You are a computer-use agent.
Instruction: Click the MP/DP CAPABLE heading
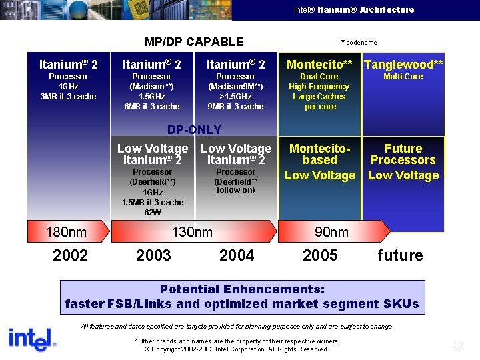(x=194, y=42)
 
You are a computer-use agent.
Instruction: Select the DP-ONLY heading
(x=194, y=129)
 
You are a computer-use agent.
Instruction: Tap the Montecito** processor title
(x=319, y=65)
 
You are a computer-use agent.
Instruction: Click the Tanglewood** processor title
(x=403, y=65)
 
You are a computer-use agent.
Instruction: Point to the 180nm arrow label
(x=66, y=232)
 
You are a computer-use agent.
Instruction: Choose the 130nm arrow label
(x=193, y=232)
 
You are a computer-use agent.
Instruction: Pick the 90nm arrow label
(x=331, y=232)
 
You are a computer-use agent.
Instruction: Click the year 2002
(x=70, y=255)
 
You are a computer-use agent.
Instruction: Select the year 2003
(x=153, y=255)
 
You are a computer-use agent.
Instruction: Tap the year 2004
(x=237, y=255)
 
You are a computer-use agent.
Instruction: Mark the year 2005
(x=320, y=255)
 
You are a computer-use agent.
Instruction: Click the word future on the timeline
(x=400, y=255)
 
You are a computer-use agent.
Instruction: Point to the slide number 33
(x=459, y=347)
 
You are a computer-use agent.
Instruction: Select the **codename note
(x=358, y=43)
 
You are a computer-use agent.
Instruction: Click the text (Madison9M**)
(x=235, y=87)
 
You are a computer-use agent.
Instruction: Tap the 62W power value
(x=153, y=212)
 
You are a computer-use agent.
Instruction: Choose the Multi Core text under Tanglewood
(x=403, y=77)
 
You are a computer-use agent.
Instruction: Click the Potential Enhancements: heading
(x=242, y=289)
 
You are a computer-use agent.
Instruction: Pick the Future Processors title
(x=403, y=154)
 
